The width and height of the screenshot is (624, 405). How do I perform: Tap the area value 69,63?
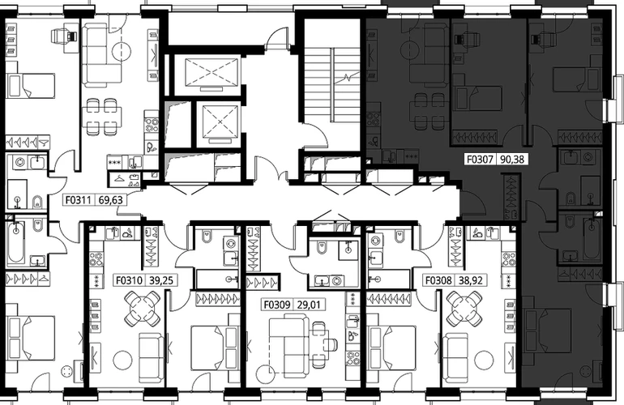point(111,199)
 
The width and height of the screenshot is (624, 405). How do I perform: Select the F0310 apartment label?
point(129,280)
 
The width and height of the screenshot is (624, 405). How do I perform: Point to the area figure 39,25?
point(161,280)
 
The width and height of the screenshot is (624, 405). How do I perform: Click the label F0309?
point(276,305)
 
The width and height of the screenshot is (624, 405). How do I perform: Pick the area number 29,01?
point(309,305)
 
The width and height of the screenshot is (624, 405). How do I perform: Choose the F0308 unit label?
point(438,280)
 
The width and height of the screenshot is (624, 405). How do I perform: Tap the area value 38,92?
point(471,280)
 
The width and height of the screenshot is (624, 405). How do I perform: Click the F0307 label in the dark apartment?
point(481,160)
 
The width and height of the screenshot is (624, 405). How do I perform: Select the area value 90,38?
point(512,160)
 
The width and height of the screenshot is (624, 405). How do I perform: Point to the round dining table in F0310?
point(143,309)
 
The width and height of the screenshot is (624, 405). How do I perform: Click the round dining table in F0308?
point(464,309)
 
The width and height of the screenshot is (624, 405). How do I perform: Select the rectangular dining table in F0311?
point(102,116)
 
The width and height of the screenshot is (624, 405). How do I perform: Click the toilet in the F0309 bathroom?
point(321,248)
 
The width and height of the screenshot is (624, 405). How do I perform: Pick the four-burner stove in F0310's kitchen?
point(96,258)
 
